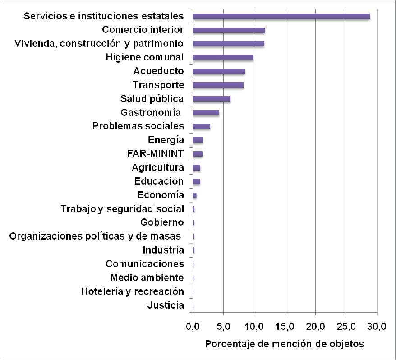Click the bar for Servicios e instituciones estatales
pyautogui.click(x=281, y=16)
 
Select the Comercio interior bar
pyautogui.click(x=229, y=30)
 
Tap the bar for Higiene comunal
pyautogui.click(x=223, y=57)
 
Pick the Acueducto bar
pyautogui.click(x=219, y=71)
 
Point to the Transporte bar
pyautogui.click(x=218, y=85)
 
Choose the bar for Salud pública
pyautogui.click(x=212, y=99)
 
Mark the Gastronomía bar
pyautogui.click(x=206, y=112)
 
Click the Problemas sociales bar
pyautogui.click(x=201, y=126)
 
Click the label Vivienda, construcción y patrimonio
pyautogui.click(x=99, y=44)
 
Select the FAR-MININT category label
pyautogui.click(x=156, y=154)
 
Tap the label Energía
pyautogui.click(x=166, y=140)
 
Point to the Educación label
pyautogui.click(x=159, y=181)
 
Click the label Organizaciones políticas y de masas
pyautogui.click(x=95, y=236)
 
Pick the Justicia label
pyautogui.click(x=166, y=305)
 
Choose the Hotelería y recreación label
pyautogui.click(x=133, y=291)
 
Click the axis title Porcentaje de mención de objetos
pyautogui.click(x=284, y=344)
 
